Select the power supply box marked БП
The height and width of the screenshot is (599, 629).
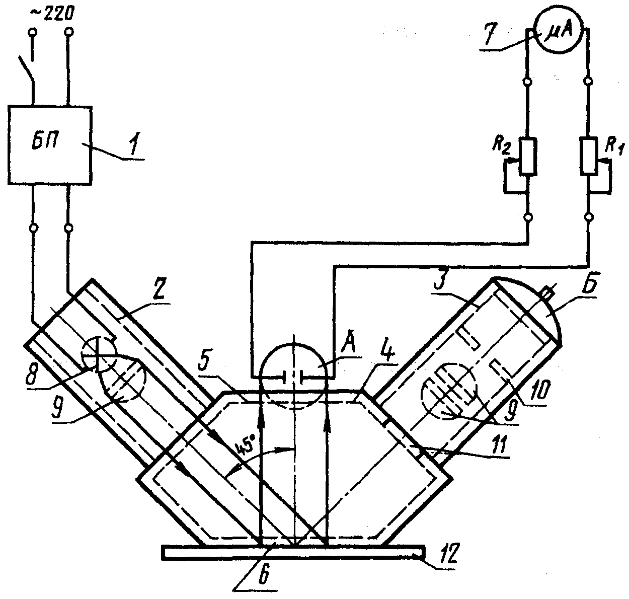click(50, 145)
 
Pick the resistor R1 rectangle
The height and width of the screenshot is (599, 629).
click(589, 156)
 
